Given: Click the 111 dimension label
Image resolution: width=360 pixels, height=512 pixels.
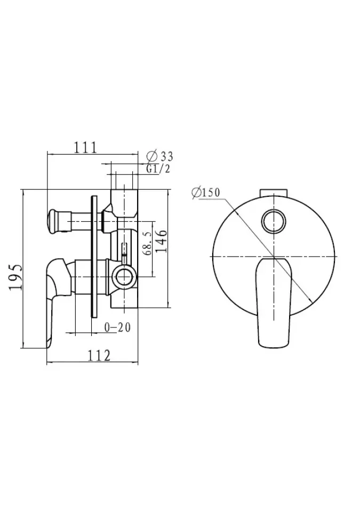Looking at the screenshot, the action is pyautogui.click(x=85, y=148).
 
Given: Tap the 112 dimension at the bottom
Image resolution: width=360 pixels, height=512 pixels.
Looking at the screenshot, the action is pyautogui.click(x=99, y=356).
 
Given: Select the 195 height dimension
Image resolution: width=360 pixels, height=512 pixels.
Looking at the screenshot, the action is pyautogui.click(x=15, y=277).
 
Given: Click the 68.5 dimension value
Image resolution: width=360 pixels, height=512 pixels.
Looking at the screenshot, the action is pyautogui.click(x=147, y=244).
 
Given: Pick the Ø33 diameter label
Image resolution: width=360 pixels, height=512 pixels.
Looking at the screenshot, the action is pyautogui.click(x=160, y=156).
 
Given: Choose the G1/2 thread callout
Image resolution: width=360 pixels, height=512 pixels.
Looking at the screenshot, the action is pyautogui.click(x=158, y=169).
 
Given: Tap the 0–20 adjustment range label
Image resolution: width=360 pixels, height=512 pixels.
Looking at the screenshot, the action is pyautogui.click(x=118, y=327).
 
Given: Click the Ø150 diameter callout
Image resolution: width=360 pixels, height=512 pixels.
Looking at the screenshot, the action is pyautogui.click(x=206, y=193).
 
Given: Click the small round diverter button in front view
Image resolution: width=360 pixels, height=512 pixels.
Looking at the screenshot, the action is pyautogui.click(x=274, y=221).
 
